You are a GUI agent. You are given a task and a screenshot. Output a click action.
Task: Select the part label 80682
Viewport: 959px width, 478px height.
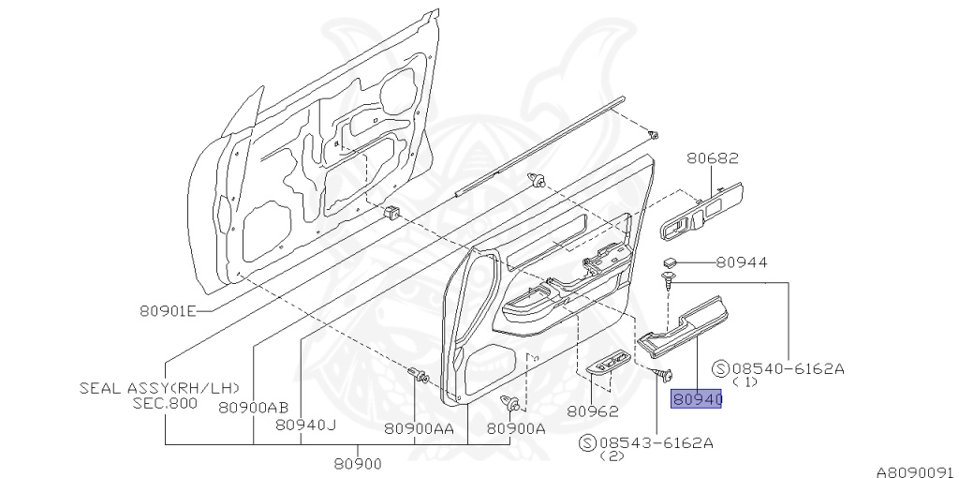711,160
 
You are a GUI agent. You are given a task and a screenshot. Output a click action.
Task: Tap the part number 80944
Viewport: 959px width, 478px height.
742,263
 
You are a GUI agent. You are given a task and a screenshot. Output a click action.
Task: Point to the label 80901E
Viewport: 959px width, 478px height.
169,312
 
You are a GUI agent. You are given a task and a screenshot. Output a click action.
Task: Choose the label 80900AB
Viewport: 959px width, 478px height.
253,407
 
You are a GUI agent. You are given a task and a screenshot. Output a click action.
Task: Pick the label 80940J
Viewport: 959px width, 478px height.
305,425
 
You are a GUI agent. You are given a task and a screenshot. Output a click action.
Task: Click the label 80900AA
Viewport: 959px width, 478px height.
419,429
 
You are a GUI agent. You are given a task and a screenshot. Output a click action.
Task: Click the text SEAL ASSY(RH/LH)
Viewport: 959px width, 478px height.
159,387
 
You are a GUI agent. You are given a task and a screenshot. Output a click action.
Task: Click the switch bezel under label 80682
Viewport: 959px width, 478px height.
703,211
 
